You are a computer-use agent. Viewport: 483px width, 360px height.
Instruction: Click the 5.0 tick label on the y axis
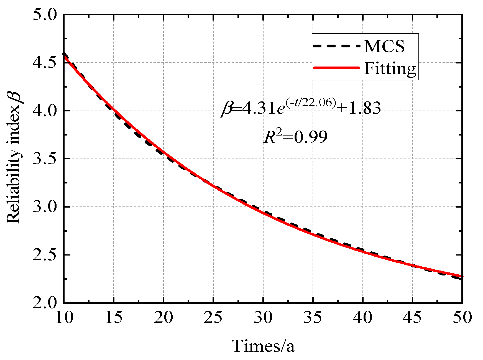click(44, 15)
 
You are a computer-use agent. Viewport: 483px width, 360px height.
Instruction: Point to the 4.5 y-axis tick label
click(44, 63)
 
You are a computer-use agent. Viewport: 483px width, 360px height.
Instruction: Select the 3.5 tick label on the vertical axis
click(44, 159)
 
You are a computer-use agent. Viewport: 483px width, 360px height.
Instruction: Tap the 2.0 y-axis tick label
click(44, 303)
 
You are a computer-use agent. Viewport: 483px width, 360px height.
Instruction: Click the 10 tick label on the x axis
click(64, 317)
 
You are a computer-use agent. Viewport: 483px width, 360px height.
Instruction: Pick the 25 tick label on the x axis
click(213, 317)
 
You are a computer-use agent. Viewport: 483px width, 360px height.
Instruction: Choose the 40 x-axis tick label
click(363, 317)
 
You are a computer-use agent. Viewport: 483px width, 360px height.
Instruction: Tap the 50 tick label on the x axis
click(462, 317)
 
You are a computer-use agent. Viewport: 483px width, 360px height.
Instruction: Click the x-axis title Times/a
click(263, 346)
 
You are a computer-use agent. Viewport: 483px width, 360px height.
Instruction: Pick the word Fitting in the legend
click(390, 68)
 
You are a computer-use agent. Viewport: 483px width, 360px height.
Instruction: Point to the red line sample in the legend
click(336, 68)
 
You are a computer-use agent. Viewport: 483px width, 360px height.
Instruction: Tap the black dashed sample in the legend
click(336, 46)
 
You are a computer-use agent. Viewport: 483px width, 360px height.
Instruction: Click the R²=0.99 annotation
click(295, 137)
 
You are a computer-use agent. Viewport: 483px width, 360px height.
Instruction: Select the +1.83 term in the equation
click(359, 108)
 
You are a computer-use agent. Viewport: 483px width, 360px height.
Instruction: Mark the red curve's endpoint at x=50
click(462, 276)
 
